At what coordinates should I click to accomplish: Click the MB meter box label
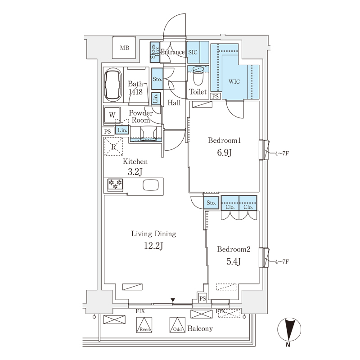pyautogui.click(x=125, y=48)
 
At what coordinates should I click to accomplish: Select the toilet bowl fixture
pyautogui.click(x=198, y=76)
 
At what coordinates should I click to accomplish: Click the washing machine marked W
pyautogui.click(x=112, y=115)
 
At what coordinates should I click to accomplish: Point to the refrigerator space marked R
pyautogui.click(x=114, y=147)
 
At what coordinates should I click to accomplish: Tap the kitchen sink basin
pyautogui.click(x=151, y=185)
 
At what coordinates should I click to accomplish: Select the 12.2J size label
pyautogui.click(x=153, y=246)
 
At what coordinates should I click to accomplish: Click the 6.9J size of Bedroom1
pyautogui.click(x=224, y=153)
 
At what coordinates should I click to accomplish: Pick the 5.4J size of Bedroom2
pyautogui.click(x=233, y=261)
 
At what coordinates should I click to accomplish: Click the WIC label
pyautogui.click(x=234, y=81)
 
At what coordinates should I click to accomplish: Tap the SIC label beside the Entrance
pyautogui.click(x=193, y=52)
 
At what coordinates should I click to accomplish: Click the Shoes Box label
pyautogui.click(x=155, y=51)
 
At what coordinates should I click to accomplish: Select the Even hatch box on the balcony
pyautogui.click(x=144, y=325)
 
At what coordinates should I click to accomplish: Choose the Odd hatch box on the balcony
pyautogui.click(x=177, y=325)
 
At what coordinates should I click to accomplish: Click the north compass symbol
pyautogui.click(x=289, y=329)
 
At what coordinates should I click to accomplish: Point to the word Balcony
pyautogui.click(x=200, y=329)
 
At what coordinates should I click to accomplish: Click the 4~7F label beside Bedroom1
pyautogui.click(x=282, y=153)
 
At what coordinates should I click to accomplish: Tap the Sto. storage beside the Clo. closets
pyautogui.click(x=211, y=203)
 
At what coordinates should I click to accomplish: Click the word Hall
pyautogui.click(x=174, y=103)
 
